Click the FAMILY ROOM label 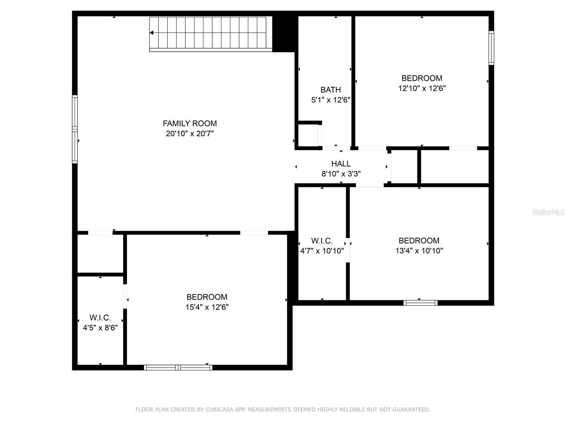[x=190, y=124]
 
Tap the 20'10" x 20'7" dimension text [x=190, y=134]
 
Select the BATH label [x=330, y=90]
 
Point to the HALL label [x=341, y=164]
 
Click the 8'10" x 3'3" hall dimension [x=341, y=174]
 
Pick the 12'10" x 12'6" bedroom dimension [x=422, y=88]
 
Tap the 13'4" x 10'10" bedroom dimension [x=419, y=251]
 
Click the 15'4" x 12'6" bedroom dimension [x=207, y=307]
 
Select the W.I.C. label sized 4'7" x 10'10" [x=322, y=241]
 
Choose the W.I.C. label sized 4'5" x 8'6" [x=100, y=318]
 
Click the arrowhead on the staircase [x=151, y=33]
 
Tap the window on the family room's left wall [x=75, y=129]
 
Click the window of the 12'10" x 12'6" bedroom [x=491, y=48]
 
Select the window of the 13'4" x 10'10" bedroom [x=420, y=303]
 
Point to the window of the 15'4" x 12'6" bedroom [x=178, y=367]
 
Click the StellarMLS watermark [x=548, y=212]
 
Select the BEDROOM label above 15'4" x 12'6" [x=207, y=297]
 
